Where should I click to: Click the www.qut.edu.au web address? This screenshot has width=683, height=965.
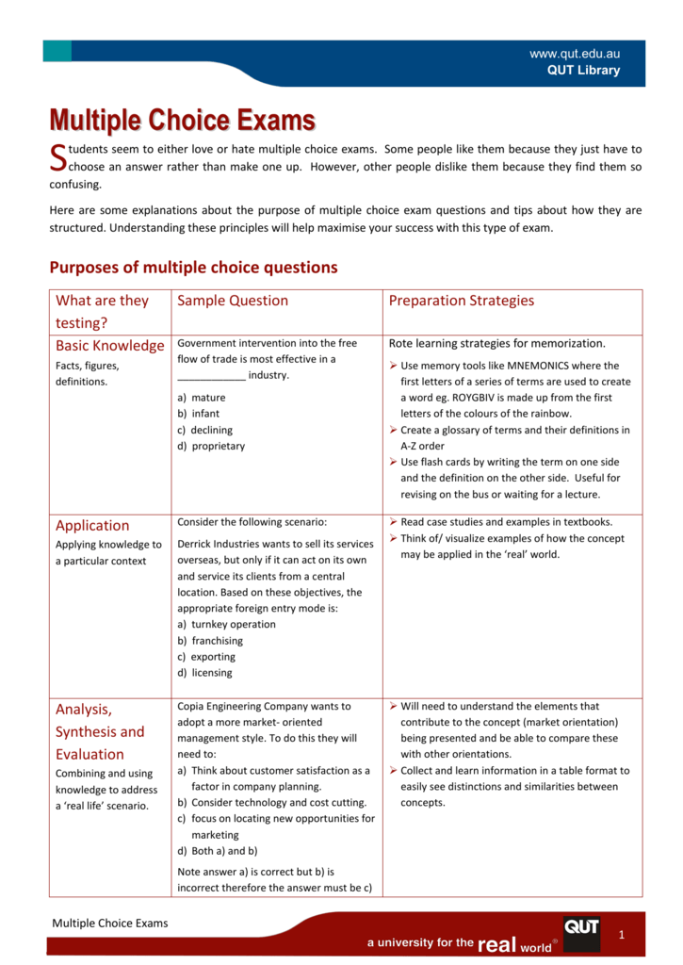575,54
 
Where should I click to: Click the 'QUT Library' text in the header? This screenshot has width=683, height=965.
584,70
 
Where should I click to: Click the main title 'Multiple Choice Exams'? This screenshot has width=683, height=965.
182,121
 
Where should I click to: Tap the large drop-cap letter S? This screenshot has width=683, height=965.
57,158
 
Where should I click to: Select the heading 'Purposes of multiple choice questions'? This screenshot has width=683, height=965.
193,268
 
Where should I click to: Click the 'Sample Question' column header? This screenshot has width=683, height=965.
233,301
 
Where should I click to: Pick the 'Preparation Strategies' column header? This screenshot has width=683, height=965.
462,301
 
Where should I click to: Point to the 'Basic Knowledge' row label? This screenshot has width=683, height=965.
109,346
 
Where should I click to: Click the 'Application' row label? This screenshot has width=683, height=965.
92,526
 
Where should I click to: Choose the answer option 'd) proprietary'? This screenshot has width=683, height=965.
210,446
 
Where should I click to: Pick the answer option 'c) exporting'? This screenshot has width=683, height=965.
205,657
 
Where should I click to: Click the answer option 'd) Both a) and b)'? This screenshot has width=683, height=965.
217,851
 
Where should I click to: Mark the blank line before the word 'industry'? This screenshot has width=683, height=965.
211,376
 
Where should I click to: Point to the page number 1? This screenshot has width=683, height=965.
622,933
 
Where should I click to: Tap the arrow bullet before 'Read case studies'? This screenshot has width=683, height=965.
393,522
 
